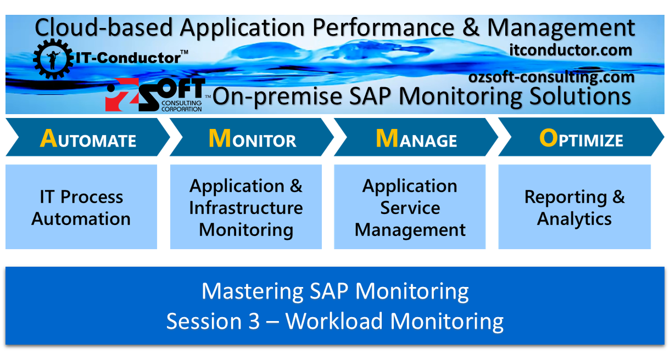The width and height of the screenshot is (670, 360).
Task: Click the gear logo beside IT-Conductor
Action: [53, 57]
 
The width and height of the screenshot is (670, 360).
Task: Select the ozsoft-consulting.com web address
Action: [551, 77]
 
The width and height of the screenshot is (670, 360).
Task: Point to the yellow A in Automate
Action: [48, 139]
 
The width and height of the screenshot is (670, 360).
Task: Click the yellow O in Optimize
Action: [548, 138]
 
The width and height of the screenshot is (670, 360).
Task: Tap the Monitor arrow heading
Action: [252, 139]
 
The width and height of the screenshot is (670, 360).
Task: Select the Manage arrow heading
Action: [416, 139]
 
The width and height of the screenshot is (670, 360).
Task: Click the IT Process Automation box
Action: [81, 207]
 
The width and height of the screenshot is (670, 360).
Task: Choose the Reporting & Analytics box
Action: [574, 207]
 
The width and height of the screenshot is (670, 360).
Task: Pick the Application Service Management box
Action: [410, 207]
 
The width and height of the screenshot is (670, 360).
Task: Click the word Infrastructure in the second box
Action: [245, 208]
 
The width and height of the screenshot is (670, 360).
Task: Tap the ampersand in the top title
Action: [470, 27]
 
